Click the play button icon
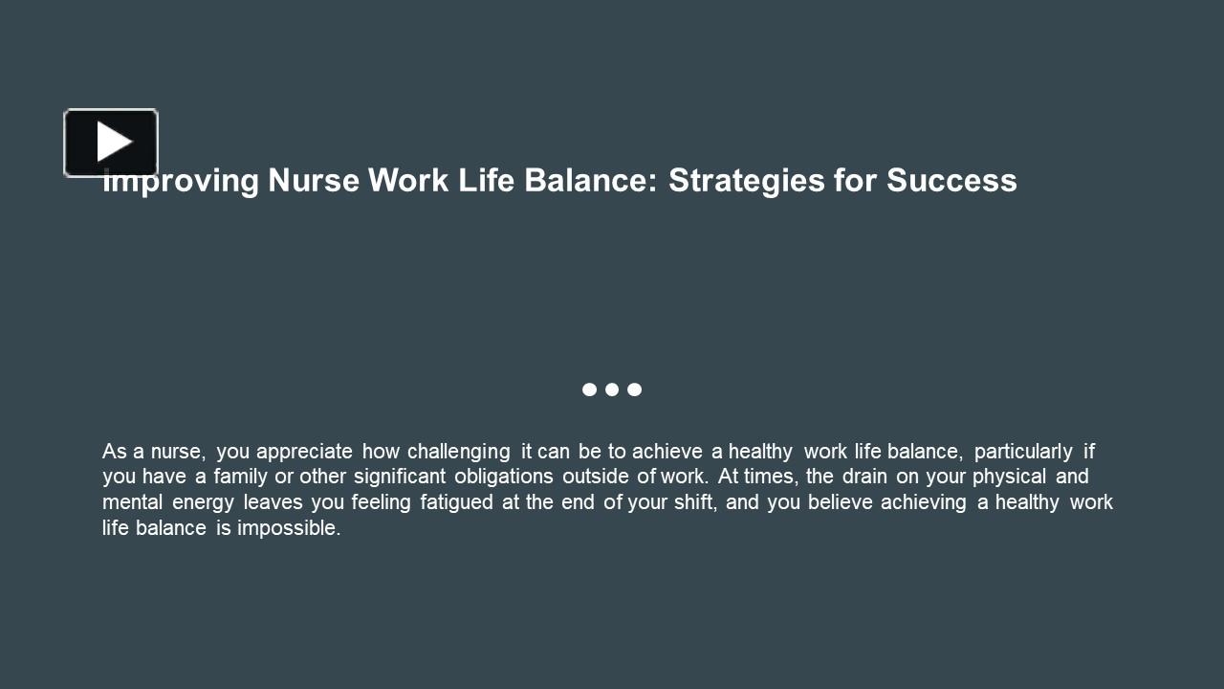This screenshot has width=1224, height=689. pyautogui.click(x=111, y=143)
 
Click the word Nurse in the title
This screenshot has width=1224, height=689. pyautogui.click(x=314, y=180)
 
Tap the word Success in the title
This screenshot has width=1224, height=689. pyautogui.click(x=951, y=180)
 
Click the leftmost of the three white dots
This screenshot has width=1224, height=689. pyautogui.click(x=589, y=389)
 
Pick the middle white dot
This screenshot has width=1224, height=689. pyautogui.click(x=612, y=389)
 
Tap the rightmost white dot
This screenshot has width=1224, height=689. pyautogui.click(x=635, y=389)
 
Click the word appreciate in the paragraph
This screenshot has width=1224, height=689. pyautogui.click(x=304, y=452)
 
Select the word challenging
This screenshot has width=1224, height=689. pyautogui.click(x=459, y=452)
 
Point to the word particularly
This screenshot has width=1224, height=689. pyautogui.click(x=1023, y=452)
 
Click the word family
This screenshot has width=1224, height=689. pyautogui.click(x=240, y=477)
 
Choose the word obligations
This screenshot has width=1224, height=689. pyautogui.click(x=504, y=477)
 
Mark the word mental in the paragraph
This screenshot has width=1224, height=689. pyautogui.click(x=133, y=502)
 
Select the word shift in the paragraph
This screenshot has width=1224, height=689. pyautogui.click(x=694, y=502)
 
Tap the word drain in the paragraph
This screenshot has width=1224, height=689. pyautogui.click(x=864, y=477)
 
